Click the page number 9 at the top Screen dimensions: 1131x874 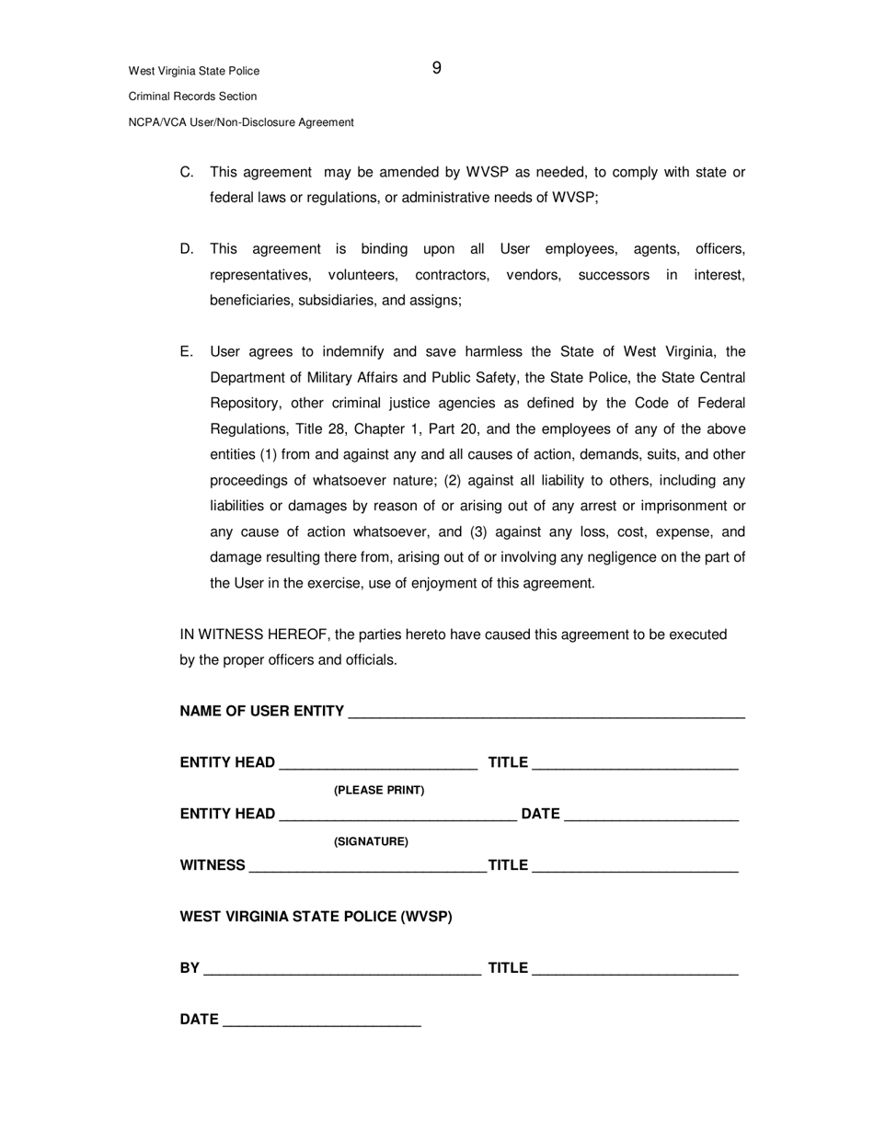pos(436,68)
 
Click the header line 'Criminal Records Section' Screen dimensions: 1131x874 pos(192,97)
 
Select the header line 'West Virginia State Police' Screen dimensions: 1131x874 pos(194,71)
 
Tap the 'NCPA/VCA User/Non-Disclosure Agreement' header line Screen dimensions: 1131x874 pos(241,122)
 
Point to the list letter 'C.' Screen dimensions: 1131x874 pos(187,172)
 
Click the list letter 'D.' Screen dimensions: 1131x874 pos(187,249)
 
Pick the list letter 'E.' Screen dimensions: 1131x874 pos(187,352)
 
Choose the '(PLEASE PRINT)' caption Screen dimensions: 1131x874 pos(379,790)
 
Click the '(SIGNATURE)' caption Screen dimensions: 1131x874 pos(371,841)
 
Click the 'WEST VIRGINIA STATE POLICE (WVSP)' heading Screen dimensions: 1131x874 pos(316,917)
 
